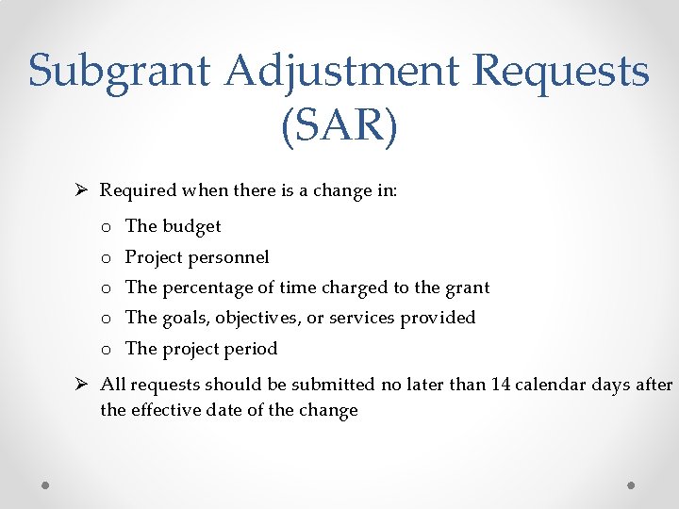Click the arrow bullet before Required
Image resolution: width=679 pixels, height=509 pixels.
[83, 190]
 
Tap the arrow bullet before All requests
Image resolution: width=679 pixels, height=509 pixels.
[83, 385]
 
